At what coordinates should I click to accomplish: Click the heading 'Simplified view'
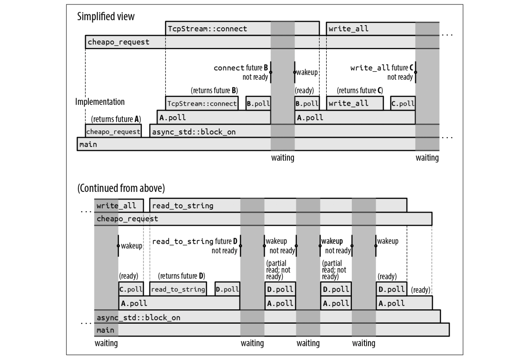pyautogui.click(x=106, y=17)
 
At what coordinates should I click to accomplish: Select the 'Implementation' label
pyautogui.click(x=100, y=102)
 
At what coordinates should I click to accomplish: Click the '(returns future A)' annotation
pyautogui.click(x=116, y=119)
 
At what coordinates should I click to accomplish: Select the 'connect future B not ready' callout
pyautogui.click(x=242, y=72)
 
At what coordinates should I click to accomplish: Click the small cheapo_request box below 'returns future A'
pyautogui.click(x=113, y=132)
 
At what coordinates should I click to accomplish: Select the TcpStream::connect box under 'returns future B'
pyautogui.click(x=202, y=104)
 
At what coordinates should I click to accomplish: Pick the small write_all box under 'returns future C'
pyautogui.click(x=355, y=104)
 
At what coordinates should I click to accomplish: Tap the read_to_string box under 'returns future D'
pyautogui.click(x=178, y=290)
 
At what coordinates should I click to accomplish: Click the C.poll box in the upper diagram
pyautogui.click(x=402, y=104)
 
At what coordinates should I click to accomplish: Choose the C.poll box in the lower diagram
pyautogui.click(x=131, y=290)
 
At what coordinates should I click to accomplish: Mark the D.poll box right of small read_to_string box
pyautogui.click(x=227, y=290)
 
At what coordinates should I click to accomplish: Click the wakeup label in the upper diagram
pyautogui.click(x=307, y=72)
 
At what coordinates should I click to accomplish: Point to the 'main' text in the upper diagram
pyautogui.click(x=88, y=145)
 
